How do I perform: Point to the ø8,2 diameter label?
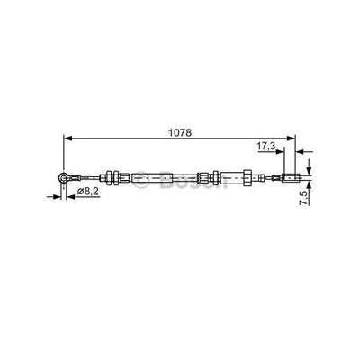click(88, 191)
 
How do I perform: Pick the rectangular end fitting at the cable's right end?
click(291, 176)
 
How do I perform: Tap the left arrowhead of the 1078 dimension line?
click(66, 138)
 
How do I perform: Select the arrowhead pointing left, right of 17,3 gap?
click(301, 152)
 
